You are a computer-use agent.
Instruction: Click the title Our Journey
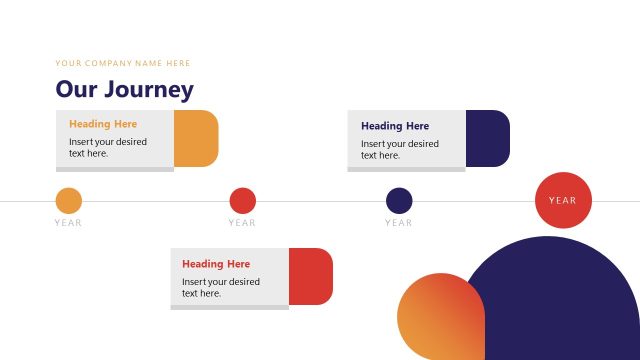(124, 89)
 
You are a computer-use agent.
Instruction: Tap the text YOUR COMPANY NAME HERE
(123, 63)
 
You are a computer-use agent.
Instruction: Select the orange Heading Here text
(103, 124)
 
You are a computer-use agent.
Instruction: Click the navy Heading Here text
(395, 126)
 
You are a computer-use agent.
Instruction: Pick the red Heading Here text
(216, 264)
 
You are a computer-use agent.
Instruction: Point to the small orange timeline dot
(69, 201)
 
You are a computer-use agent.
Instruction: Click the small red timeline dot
(243, 201)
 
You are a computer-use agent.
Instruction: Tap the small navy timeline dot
(399, 201)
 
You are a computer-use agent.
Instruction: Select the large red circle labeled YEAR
(563, 200)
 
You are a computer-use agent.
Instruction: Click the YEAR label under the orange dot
(69, 223)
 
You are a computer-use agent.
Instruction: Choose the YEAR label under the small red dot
(243, 223)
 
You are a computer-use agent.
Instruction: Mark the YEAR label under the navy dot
(399, 223)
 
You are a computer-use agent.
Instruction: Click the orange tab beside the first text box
(197, 138)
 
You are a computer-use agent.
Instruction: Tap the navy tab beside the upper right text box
(489, 138)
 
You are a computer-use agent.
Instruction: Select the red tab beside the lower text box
(312, 276)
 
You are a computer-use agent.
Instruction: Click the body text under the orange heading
(108, 147)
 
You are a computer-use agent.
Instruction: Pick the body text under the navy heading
(400, 149)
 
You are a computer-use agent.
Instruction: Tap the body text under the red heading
(221, 287)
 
